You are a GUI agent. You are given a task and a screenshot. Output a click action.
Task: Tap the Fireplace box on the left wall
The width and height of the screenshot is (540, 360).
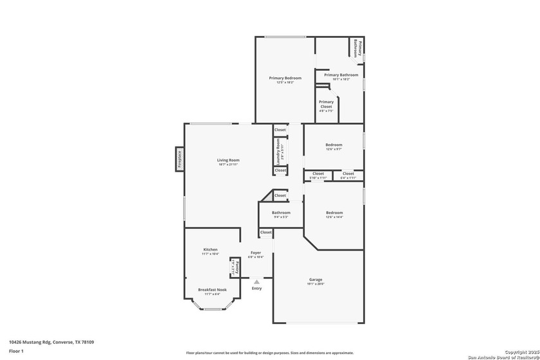click(x=180, y=159)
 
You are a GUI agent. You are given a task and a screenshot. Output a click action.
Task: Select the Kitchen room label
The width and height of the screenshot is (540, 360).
click(x=210, y=249)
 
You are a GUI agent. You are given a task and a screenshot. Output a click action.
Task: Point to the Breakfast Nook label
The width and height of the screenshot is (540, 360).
click(x=212, y=290)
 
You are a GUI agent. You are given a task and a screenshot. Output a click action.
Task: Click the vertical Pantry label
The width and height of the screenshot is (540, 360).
click(x=236, y=267)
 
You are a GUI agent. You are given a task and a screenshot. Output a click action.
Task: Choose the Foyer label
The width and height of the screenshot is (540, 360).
click(x=256, y=253)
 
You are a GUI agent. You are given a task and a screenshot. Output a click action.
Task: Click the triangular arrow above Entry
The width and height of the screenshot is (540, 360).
click(x=256, y=282)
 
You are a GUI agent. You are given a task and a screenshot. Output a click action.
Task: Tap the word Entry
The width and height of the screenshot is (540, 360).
click(x=256, y=288)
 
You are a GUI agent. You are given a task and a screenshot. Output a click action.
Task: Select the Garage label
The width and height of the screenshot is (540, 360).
click(x=316, y=280)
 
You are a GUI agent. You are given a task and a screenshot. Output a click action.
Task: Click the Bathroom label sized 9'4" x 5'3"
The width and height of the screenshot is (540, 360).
click(x=281, y=213)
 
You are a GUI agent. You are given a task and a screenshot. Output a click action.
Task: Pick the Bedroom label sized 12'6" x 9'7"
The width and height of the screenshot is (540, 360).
click(x=334, y=145)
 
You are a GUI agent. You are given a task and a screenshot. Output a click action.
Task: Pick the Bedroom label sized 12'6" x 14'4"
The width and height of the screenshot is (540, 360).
click(x=334, y=213)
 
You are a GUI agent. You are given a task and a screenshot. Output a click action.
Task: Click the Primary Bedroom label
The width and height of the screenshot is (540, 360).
click(x=285, y=78)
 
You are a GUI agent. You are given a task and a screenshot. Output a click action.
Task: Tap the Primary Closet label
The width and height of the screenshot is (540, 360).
click(x=326, y=104)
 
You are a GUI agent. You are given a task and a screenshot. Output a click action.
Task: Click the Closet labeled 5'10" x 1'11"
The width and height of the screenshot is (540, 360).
click(x=318, y=174)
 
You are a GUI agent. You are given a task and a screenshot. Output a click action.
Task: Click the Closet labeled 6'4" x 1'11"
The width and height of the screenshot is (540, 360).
click(x=348, y=174)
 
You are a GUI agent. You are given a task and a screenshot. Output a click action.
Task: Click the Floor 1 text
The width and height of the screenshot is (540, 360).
click(x=16, y=351)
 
